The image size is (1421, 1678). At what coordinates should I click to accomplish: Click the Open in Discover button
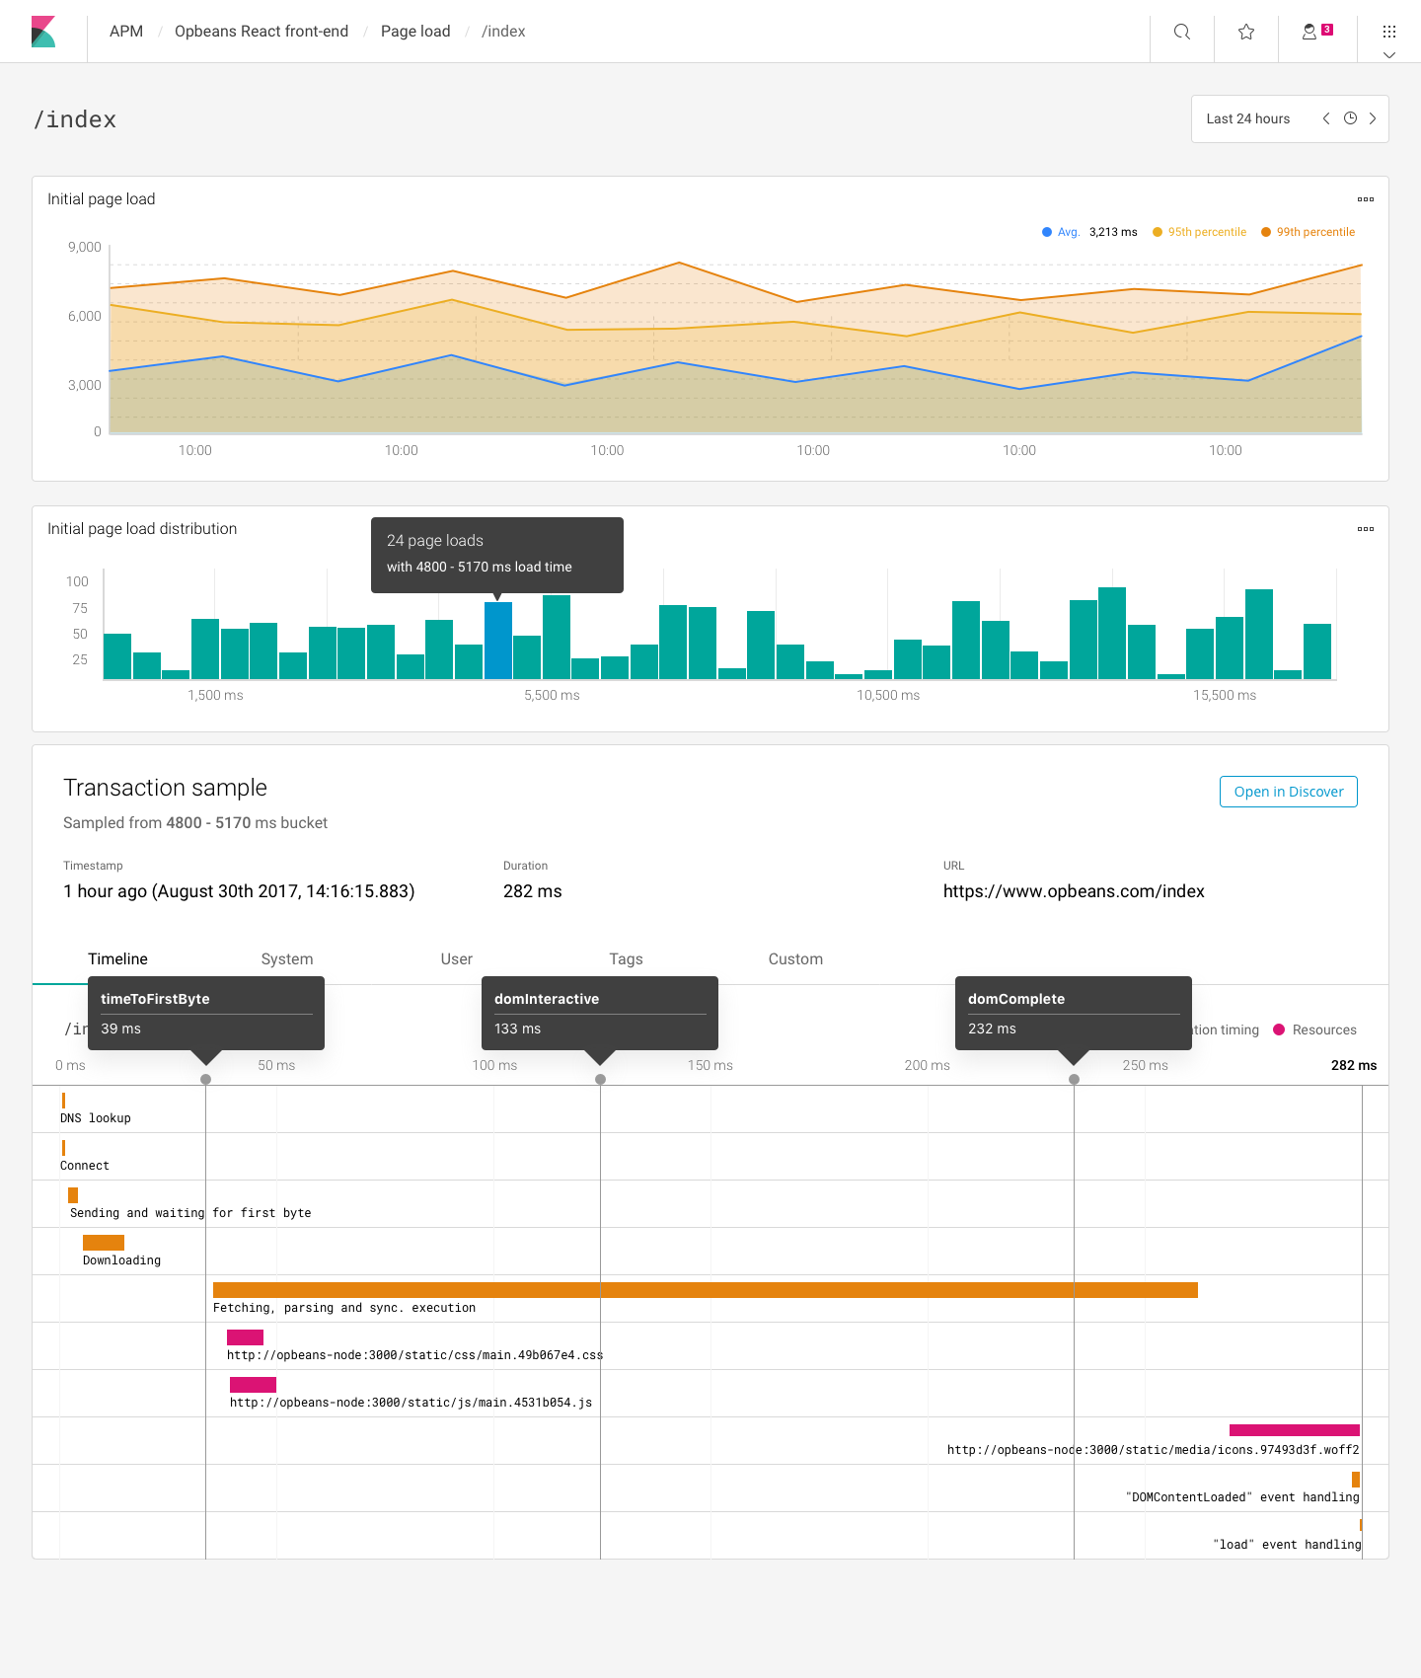click(x=1288, y=792)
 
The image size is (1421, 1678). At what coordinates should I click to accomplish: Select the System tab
click(x=286, y=958)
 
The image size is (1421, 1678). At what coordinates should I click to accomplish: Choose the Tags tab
click(x=626, y=958)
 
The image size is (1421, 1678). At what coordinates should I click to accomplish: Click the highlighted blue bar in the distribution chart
click(x=497, y=640)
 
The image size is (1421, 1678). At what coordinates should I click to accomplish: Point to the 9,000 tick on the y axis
click(x=85, y=247)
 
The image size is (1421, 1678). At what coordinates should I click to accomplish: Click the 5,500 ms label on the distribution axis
click(x=552, y=695)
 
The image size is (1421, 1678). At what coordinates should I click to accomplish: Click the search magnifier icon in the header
click(x=1181, y=32)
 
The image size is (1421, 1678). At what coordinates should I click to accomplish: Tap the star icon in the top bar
click(x=1246, y=32)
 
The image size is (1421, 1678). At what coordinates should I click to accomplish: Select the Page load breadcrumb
click(x=415, y=32)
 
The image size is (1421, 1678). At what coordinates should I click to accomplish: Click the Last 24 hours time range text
click(x=1247, y=118)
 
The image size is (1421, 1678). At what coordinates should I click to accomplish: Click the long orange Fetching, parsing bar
click(x=705, y=1289)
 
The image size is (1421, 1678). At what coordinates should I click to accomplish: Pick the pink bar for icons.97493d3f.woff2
click(x=1294, y=1430)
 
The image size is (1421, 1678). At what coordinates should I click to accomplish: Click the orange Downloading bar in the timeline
click(x=104, y=1242)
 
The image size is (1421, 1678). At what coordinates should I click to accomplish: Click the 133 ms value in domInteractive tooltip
click(x=517, y=1029)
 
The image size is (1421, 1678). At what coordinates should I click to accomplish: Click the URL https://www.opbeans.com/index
click(x=1074, y=891)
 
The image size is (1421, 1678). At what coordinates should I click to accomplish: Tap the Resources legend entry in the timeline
click(x=1323, y=1030)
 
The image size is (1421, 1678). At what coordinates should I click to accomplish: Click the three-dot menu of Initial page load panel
click(x=1365, y=199)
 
